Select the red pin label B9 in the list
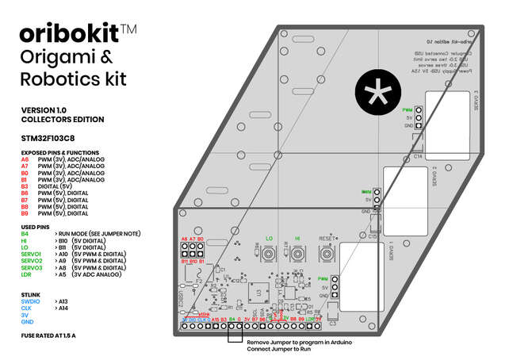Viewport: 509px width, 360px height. pos(25,213)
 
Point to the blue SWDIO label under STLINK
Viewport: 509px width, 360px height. pos(30,302)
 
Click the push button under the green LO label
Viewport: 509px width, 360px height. pos(270,255)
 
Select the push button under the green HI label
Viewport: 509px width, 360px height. pos(298,255)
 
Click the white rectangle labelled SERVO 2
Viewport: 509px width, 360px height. pos(411,190)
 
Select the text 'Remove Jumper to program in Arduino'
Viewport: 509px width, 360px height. pos(297,343)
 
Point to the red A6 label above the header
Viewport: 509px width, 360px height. pos(184,239)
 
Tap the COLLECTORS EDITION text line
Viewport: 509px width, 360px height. pos(63,119)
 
